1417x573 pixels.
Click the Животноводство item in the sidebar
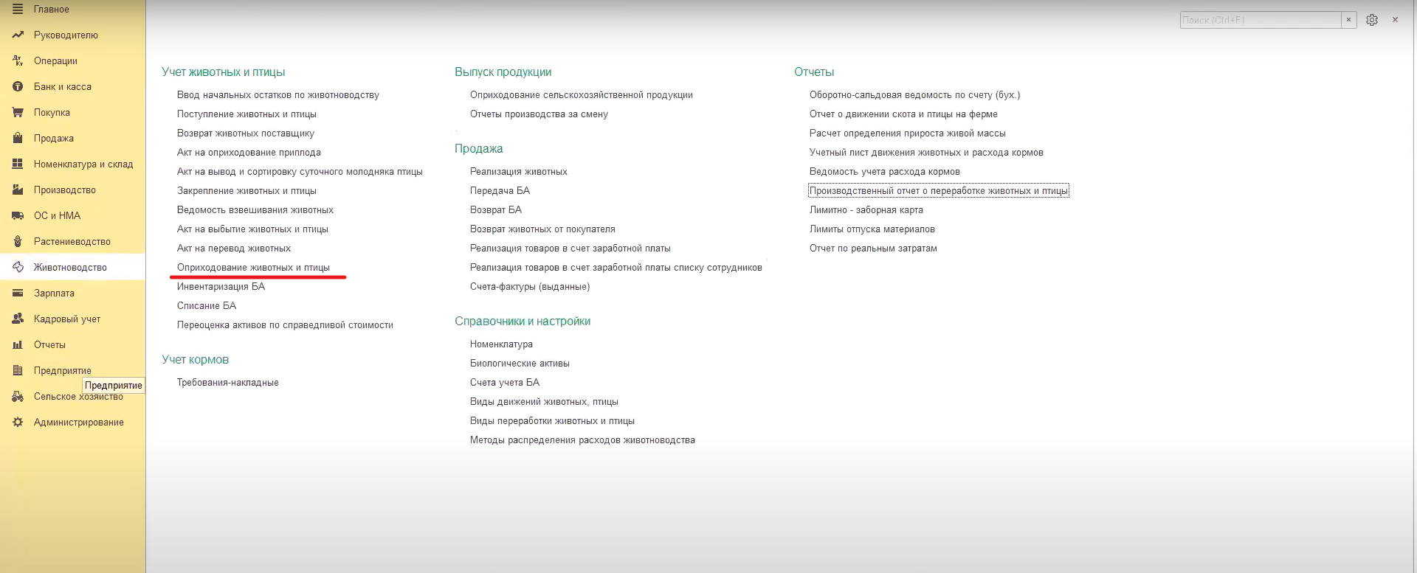click(x=70, y=268)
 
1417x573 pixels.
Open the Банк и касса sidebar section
click(x=62, y=87)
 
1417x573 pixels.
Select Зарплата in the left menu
click(x=54, y=294)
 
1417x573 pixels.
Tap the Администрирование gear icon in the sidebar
click(x=18, y=423)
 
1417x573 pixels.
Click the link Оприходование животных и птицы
click(x=253, y=268)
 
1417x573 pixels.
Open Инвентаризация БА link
click(x=221, y=287)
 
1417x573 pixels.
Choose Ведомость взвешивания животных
click(x=255, y=210)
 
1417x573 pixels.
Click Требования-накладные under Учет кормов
click(x=228, y=383)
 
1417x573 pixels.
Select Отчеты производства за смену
click(x=539, y=114)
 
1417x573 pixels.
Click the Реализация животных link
click(x=519, y=172)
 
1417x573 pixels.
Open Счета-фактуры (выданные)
click(x=530, y=287)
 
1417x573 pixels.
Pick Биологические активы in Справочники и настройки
click(x=520, y=364)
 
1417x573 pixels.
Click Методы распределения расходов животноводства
click(x=582, y=440)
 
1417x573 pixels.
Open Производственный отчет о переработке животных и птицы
click(x=938, y=191)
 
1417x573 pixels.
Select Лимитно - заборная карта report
click(x=866, y=210)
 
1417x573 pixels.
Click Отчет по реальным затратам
click(x=873, y=249)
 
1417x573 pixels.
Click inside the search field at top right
click(x=1259, y=20)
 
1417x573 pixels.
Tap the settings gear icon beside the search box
click(x=1372, y=20)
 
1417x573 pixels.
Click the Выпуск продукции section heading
click(x=503, y=72)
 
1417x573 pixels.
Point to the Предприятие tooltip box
click(x=114, y=385)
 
